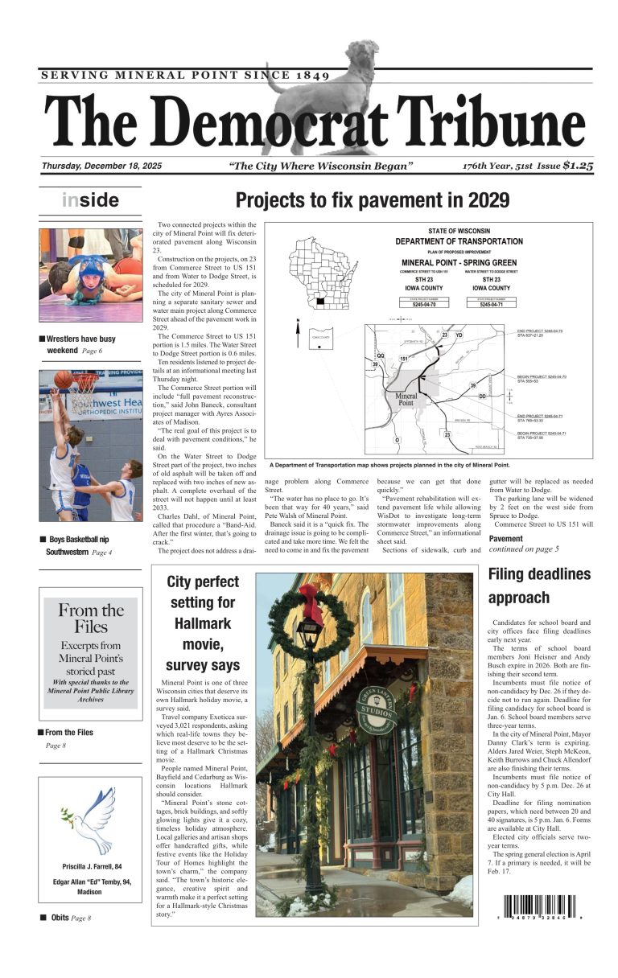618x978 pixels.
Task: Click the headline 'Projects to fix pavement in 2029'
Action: click(x=372, y=200)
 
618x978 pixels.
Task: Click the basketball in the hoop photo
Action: click(x=63, y=379)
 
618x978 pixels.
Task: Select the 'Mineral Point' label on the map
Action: click(x=406, y=399)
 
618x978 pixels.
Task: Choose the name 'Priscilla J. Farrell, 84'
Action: click(x=91, y=866)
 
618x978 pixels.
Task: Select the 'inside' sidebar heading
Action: click(x=90, y=200)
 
